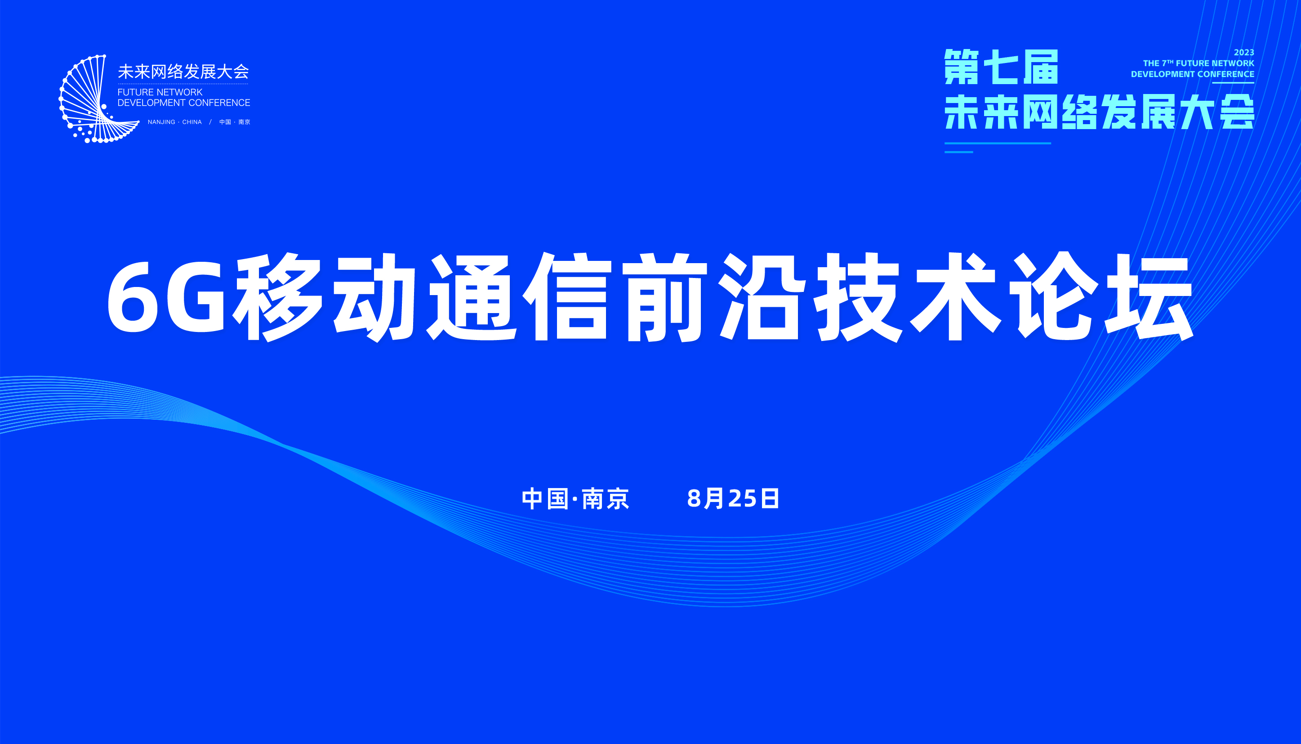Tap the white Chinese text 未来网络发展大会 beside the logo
183,72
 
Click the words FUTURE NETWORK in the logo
160,92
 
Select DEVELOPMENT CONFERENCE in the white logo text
184,103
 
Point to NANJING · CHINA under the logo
174,122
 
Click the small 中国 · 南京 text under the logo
235,122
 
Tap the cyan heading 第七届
1001,67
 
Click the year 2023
1244,53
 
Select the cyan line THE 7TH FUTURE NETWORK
1199,63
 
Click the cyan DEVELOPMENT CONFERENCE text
1192,74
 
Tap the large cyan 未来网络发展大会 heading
1099,112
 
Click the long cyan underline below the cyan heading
998,143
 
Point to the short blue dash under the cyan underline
958,152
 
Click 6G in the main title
166,297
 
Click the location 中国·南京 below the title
575,499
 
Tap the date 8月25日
733,499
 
